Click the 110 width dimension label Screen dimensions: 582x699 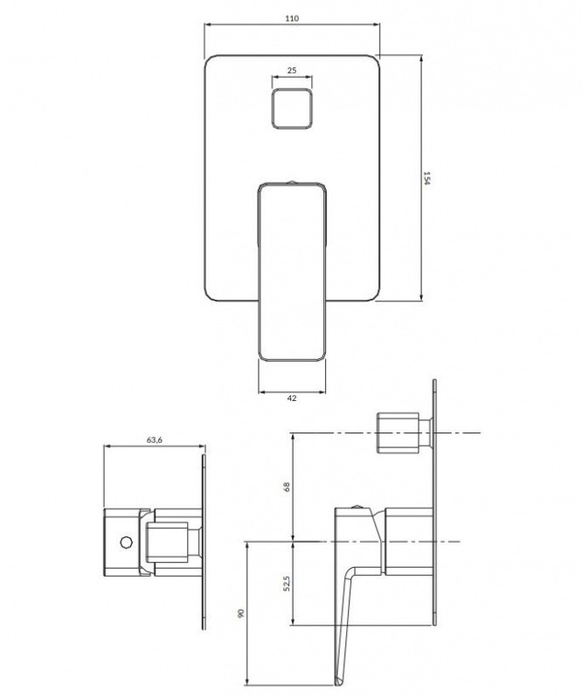292,18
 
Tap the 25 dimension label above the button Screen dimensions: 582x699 292,70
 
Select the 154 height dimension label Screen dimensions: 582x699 426,178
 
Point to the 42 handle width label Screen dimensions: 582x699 292,398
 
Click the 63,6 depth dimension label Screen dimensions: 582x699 155,439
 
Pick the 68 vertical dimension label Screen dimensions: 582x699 287,487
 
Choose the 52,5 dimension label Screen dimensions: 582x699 287,584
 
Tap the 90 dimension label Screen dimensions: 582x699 241,613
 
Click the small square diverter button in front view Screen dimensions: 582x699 292,108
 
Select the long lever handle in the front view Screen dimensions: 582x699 292,272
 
